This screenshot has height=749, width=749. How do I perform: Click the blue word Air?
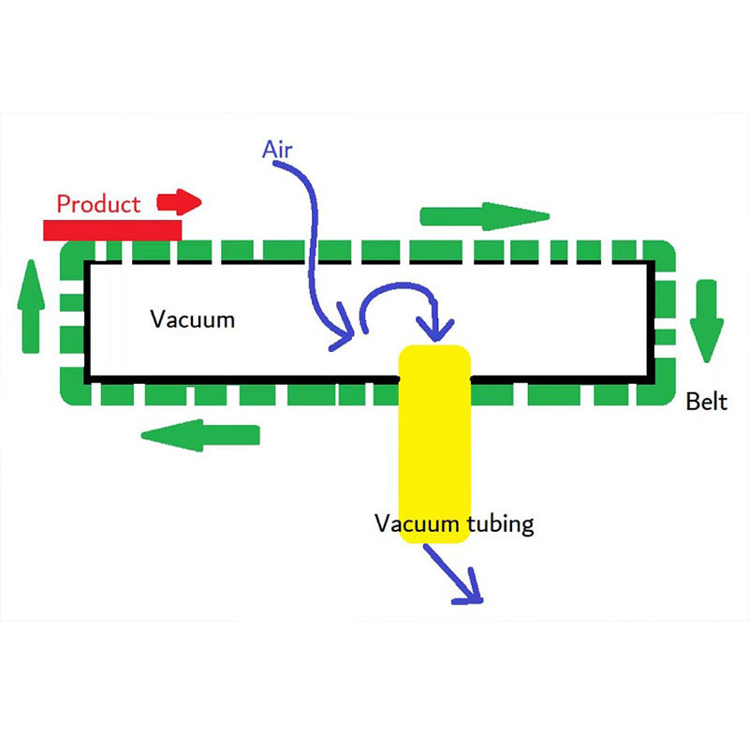pyautogui.click(x=277, y=150)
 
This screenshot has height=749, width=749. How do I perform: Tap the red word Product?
pyautogui.click(x=98, y=204)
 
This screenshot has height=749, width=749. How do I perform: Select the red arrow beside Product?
pyautogui.click(x=179, y=202)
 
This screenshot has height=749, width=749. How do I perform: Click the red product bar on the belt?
pyautogui.click(x=112, y=230)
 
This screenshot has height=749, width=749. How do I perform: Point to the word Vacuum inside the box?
pyautogui.click(x=192, y=319)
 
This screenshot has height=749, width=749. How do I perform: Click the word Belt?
pyautogui.click(x=706, y=402)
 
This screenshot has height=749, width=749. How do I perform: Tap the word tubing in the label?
pyautogui.click(x=500, y=524)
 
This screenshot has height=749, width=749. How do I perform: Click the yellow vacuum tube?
pyautogui.click(x=434, y=444)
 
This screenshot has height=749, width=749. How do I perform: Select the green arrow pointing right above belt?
pyautogui.click(x=484, y=216)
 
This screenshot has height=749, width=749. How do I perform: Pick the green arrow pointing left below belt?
pyautogui.click(x=200, y=435)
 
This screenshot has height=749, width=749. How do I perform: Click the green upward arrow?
pyautogui.click(x=31, y=307)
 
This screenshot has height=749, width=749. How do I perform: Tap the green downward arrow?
pyautogui.click(x=707, y=321)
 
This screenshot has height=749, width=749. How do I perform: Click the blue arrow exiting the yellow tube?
pyautogui.click(x=454, y=575)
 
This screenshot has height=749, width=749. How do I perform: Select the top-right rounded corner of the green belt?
pyautogui.click(x=664, y=251)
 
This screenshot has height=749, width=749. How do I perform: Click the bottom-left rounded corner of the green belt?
pyautogui.click(x=72, y=394)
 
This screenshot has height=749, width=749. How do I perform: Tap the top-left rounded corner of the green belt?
pyautogui.click(x=72, y=253)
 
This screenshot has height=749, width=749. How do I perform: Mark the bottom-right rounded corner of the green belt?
pyautogui.click(x=664, y=392)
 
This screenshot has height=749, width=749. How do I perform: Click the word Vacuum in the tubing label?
pyautogui.click(x=417, y=523)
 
